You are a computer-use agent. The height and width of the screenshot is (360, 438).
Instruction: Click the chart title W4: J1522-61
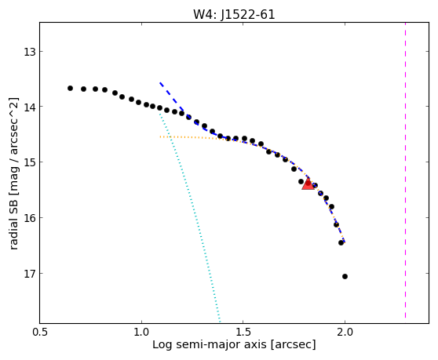tap(234, 15)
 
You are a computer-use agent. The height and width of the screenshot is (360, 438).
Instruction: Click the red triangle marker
tap(308, 184)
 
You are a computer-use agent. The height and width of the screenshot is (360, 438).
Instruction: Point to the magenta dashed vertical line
tap(405, 170)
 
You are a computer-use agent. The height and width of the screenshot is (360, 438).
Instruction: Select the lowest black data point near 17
tap(345, 276)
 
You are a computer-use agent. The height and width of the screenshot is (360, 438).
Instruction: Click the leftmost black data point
tap(70, 88)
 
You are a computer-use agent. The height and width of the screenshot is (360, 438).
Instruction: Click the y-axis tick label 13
tap(29, 52)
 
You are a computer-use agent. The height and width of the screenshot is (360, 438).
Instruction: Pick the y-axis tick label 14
tap(29, 107)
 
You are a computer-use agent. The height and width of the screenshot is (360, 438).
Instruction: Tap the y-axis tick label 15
tap(29, 162)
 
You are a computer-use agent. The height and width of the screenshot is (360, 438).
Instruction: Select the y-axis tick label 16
tap(29, 218)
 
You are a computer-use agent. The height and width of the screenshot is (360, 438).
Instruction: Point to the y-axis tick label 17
tap(29, 274)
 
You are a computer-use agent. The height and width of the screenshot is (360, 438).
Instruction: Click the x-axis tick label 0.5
tap(40, 333)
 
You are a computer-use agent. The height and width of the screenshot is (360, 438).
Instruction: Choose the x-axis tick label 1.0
tap(141, 333)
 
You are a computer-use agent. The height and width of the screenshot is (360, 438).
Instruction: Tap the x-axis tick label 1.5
tap(243, 333)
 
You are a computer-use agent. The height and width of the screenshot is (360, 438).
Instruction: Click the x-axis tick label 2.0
tap(345, 333)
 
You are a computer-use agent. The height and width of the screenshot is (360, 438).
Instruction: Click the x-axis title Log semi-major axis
tap(210, 344)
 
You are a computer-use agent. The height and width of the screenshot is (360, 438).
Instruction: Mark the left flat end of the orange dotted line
tap(160, 136)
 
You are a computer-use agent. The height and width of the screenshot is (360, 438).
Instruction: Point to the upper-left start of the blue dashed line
tap(160, 83)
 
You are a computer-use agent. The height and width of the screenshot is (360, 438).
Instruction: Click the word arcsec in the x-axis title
tap(294, 345)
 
